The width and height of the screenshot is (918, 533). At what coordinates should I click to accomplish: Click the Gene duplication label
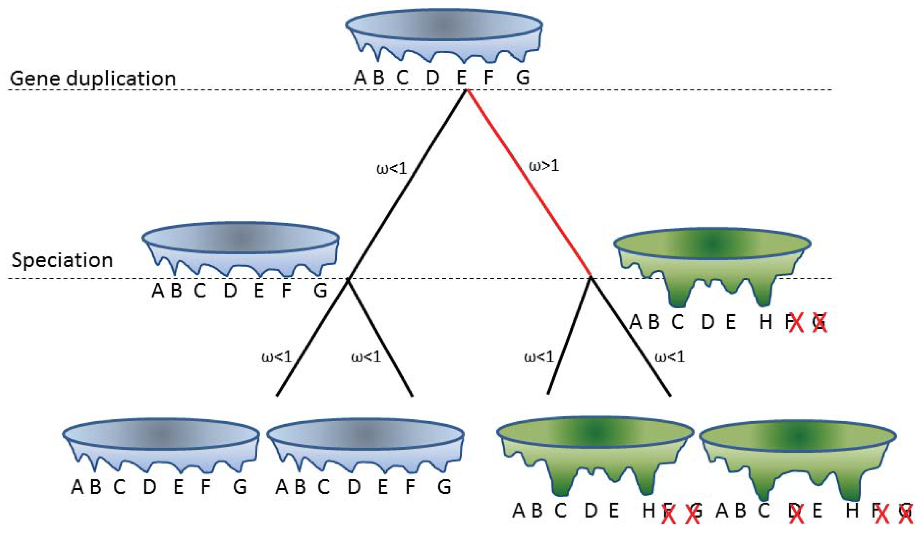point(92,78)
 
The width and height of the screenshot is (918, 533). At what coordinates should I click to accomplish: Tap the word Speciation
point(62,260)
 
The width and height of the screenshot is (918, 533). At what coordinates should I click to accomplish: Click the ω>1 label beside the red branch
point(544,165)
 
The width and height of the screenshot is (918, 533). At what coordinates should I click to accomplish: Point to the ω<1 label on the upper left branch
point(391,168)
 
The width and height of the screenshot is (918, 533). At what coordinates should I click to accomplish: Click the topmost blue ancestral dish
point(444,34)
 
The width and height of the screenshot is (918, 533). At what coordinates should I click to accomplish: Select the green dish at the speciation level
point(712,263)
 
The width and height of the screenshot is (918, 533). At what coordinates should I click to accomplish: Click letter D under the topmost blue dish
point(433,78)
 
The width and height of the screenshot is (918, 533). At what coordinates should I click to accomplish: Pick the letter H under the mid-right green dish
point(766,322)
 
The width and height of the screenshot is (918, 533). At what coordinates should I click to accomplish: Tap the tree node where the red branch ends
point(590,277)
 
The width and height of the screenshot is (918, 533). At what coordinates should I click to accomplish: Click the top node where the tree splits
point(467,90)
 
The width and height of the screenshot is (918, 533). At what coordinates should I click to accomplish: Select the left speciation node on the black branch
point(348,279)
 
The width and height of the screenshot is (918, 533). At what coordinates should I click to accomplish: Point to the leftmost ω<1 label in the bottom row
point(276,357)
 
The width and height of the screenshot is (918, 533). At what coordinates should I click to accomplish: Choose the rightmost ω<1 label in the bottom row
point(670,357)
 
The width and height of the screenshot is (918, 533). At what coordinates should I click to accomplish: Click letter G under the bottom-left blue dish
point(240,487)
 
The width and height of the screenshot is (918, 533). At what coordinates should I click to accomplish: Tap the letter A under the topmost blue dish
point(360,78)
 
